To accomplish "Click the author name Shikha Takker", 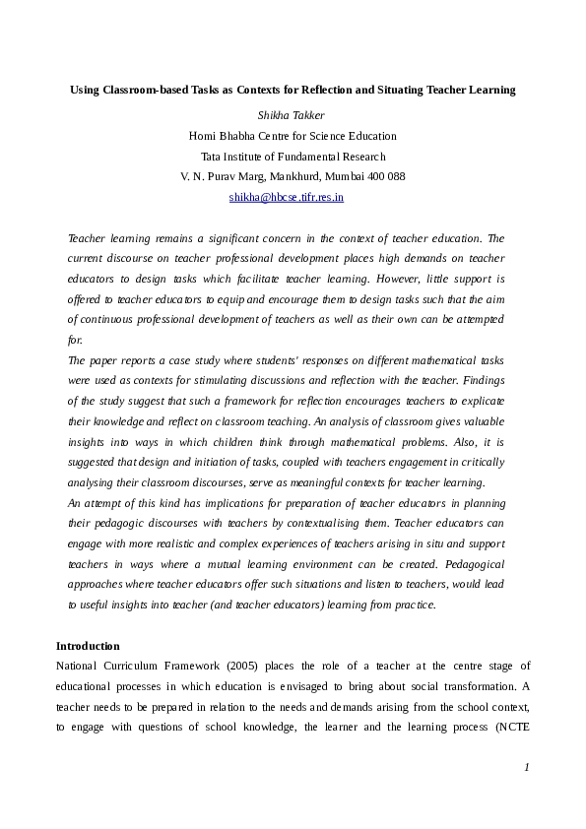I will pyautogui.click(x=292, y=115).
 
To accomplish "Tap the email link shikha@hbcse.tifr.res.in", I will pyautogui.click(x=286, y=197).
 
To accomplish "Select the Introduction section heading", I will pyautogui.click(x=88, y=646).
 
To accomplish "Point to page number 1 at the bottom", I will pyautogui.click(x=527, y=767).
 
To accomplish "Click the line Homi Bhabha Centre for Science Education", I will pyautogui.click(x=293, y=136).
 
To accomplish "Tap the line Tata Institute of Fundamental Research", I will pyautogui.click(x=293, y=157).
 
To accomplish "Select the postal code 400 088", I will pyautogui.click(x=383, y=176).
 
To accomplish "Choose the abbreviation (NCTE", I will pyautogui.click(x=510, y=729).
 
